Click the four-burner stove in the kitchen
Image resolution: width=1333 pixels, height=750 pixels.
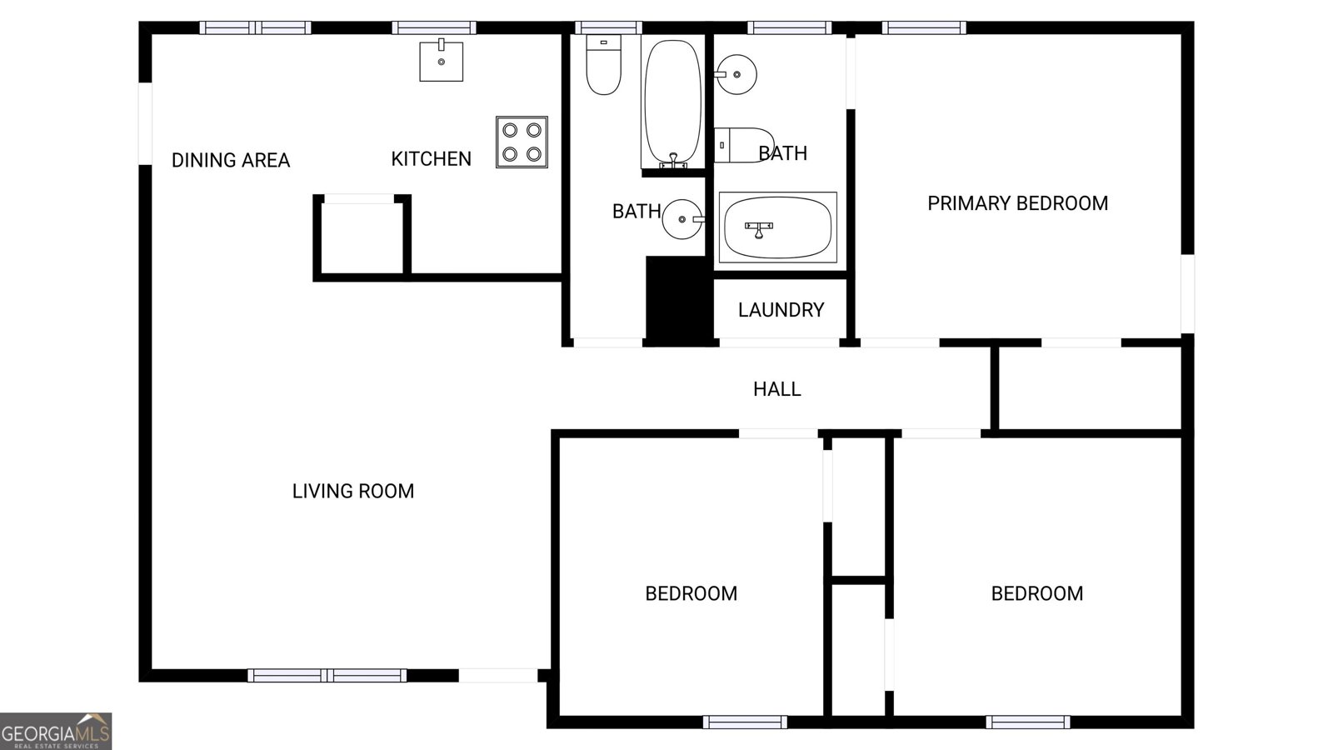click(x=522, y=142)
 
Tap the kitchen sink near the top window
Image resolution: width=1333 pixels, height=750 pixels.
click(x=441, y=61)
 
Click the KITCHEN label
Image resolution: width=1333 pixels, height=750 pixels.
click(x=431, y=158)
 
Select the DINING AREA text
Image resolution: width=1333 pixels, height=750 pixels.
click(x=230, y=160)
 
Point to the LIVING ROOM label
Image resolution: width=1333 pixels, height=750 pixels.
click(x=352, y=491)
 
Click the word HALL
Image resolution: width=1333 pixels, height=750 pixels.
click(x=776, y=389)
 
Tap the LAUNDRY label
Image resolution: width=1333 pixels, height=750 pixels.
click(x=781, y=310)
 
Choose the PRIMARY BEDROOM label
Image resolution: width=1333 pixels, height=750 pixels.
click(x=1017, y=203)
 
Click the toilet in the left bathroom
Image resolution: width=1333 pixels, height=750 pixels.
click(x=603, y=66)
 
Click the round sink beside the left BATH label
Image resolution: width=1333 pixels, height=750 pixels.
click(x=683, y=219)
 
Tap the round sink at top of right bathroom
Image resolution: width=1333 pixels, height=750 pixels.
click(x=736, y=75)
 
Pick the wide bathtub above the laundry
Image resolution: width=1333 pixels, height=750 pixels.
click(x=776, y=227)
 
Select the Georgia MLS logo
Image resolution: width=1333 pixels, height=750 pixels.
click(x=56, y=732)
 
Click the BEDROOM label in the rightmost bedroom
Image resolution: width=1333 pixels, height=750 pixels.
click(x=1036, y=593)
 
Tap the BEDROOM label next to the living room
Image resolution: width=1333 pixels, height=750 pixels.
click(x=691, y=593)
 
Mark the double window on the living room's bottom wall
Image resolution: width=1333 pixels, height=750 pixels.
click(x=327, y=675)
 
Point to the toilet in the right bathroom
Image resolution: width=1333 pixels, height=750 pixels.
click(x=744, y=145)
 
